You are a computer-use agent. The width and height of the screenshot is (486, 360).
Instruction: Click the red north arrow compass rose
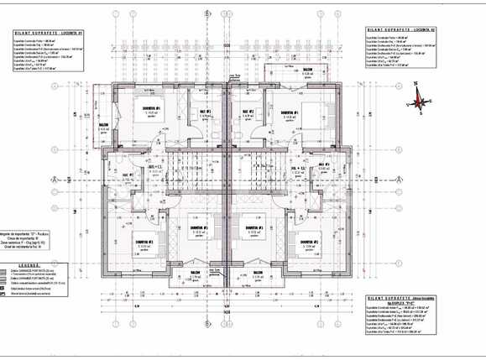(417, 100)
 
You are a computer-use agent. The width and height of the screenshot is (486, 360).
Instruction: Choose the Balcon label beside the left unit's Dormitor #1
(104, 127)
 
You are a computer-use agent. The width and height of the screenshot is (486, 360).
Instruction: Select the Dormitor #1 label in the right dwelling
(289, 112)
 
